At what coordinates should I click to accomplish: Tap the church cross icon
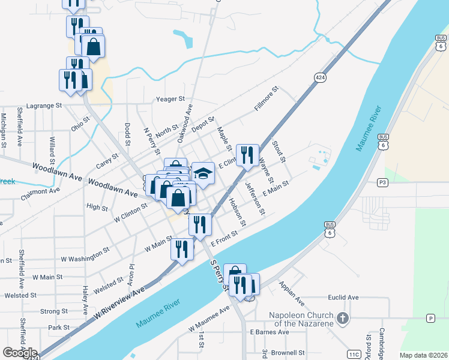click(x=342, y=319)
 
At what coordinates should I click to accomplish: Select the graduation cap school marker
click(x=203, y=173)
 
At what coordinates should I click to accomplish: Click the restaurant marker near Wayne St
click(x=247, y=155)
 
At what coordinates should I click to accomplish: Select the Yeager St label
click(x=170, y=99)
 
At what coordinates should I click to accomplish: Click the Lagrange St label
click(x=44, y=106)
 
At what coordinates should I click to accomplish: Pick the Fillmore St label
click(x=266, y=99)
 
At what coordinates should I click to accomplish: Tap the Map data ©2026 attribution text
click(x=423, y=355)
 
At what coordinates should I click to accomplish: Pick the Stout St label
click(x=278, y=150)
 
